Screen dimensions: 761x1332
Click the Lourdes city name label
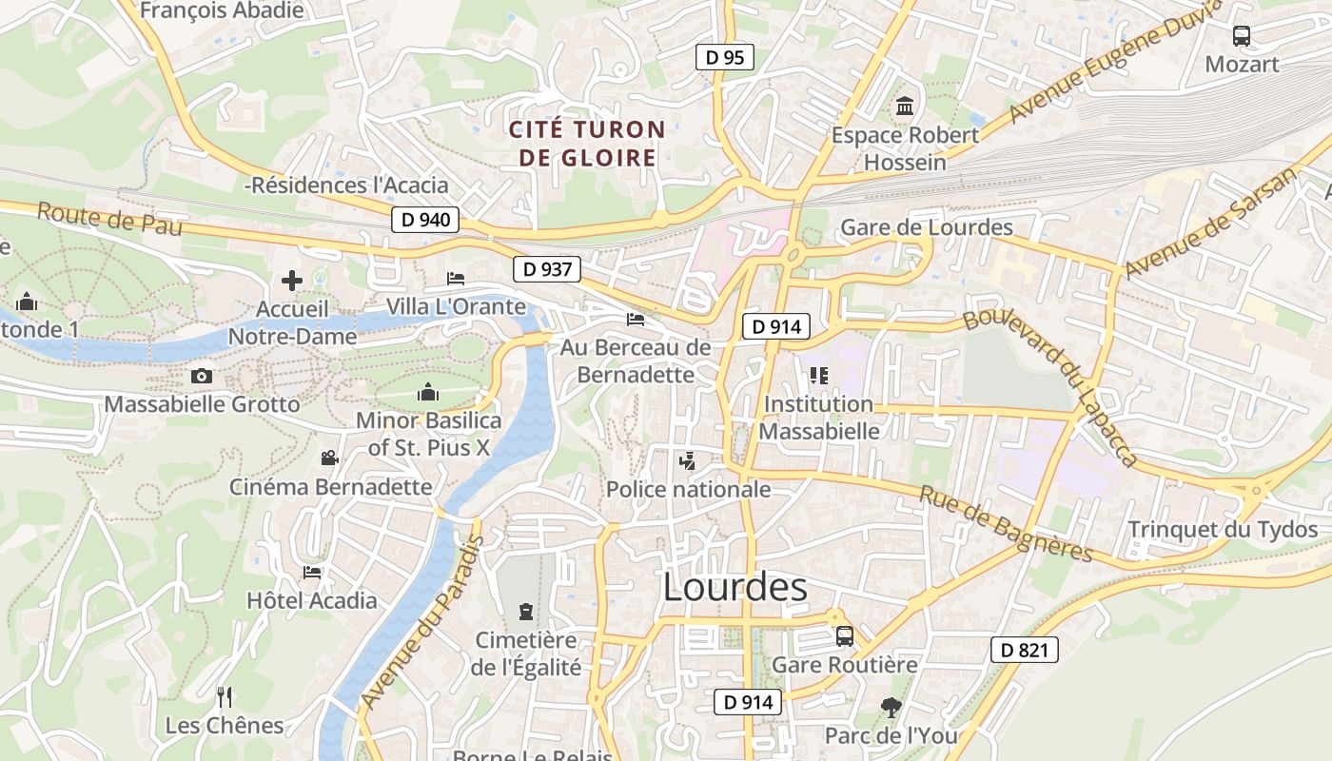point(735,587)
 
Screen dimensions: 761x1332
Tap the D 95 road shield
point(725,57)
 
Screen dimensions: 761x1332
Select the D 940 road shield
point(425,220)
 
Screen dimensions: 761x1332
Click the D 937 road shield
point(547,269)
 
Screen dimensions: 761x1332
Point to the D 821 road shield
point(1024,650)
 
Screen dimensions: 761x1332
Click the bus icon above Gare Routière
point(844,635)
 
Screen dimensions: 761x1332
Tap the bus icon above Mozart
point(1242,36)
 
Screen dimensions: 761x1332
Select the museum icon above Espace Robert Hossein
point(905,106)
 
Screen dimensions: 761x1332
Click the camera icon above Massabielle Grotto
point(201,376)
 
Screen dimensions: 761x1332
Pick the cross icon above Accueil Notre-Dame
point(292,280)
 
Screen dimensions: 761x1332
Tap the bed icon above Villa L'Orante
point(456,279)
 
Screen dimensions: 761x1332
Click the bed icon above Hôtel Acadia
point(312,572)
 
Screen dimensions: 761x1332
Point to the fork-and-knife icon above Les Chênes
point(225,696)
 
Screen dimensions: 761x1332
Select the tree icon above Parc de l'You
point(891,707)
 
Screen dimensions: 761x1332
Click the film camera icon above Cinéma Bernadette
point(329,459)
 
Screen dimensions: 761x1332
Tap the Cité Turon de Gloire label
point(587,144)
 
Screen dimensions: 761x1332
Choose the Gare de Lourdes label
point(927,227)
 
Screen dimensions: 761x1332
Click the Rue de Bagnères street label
point(1007,523)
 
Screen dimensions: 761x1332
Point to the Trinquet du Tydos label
point(1223,529)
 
